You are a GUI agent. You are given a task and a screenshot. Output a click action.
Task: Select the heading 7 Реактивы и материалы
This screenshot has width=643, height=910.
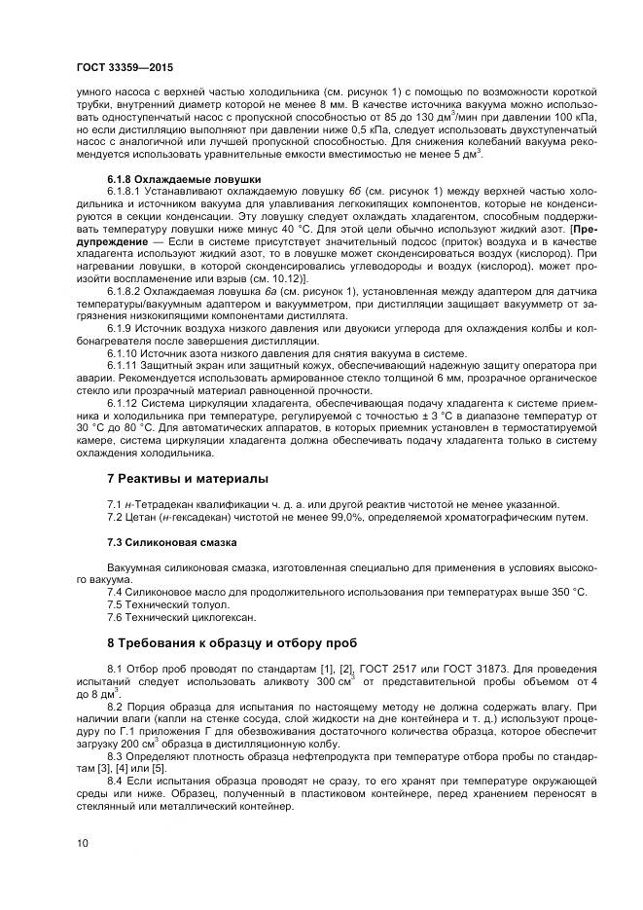(x=186, y=478)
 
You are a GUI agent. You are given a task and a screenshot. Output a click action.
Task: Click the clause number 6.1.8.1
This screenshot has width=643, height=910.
(x=124, y=192)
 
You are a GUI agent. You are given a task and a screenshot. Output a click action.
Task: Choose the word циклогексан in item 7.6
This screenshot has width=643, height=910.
(x=221, y=616)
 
